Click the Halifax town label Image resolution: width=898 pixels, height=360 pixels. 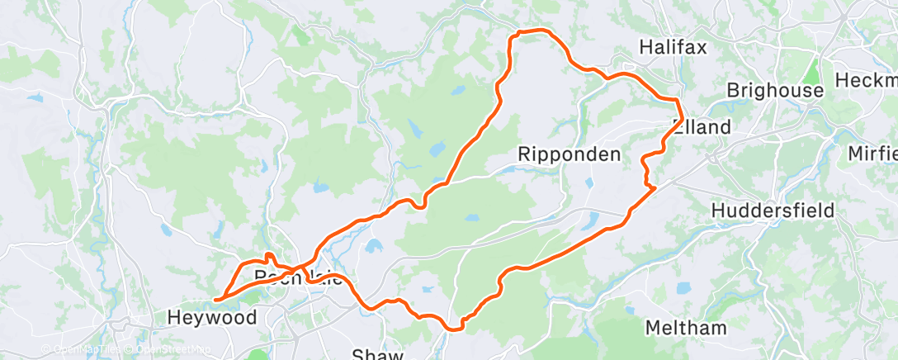click(673, 47)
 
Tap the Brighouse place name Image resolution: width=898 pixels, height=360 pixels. click(775, 90)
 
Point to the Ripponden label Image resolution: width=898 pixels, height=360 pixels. click(570, 154)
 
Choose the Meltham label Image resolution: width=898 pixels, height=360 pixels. click(686, 328)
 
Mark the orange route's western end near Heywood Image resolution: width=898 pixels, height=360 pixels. click(215, 300)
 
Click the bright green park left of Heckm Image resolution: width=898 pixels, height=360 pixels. click(813, 70)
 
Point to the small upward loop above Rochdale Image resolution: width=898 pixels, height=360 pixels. click(268, 257)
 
